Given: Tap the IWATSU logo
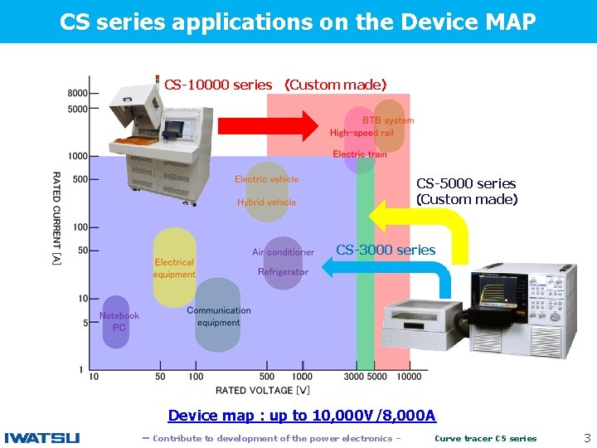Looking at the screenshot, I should pos(42,438).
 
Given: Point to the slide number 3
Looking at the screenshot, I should pos(587,437).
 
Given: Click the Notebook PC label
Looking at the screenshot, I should pos(119,321).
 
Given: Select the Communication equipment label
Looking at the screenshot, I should pos(218,316).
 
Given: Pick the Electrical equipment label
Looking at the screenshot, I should pos(174,268).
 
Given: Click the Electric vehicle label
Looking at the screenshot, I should pos(266,179).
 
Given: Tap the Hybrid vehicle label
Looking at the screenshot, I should pos(266,202).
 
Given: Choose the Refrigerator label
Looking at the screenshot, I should pos(283,272).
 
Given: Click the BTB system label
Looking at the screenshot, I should pos(388,120).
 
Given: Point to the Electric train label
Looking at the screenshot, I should pos(360,154).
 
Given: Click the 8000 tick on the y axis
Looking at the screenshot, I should pos(78,93).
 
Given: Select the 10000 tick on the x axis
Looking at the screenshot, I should pos(409,377).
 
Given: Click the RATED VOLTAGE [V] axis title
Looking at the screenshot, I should pos(263,390).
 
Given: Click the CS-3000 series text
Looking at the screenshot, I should pos(386,250).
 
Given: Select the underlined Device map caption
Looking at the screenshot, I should pos(302,416).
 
